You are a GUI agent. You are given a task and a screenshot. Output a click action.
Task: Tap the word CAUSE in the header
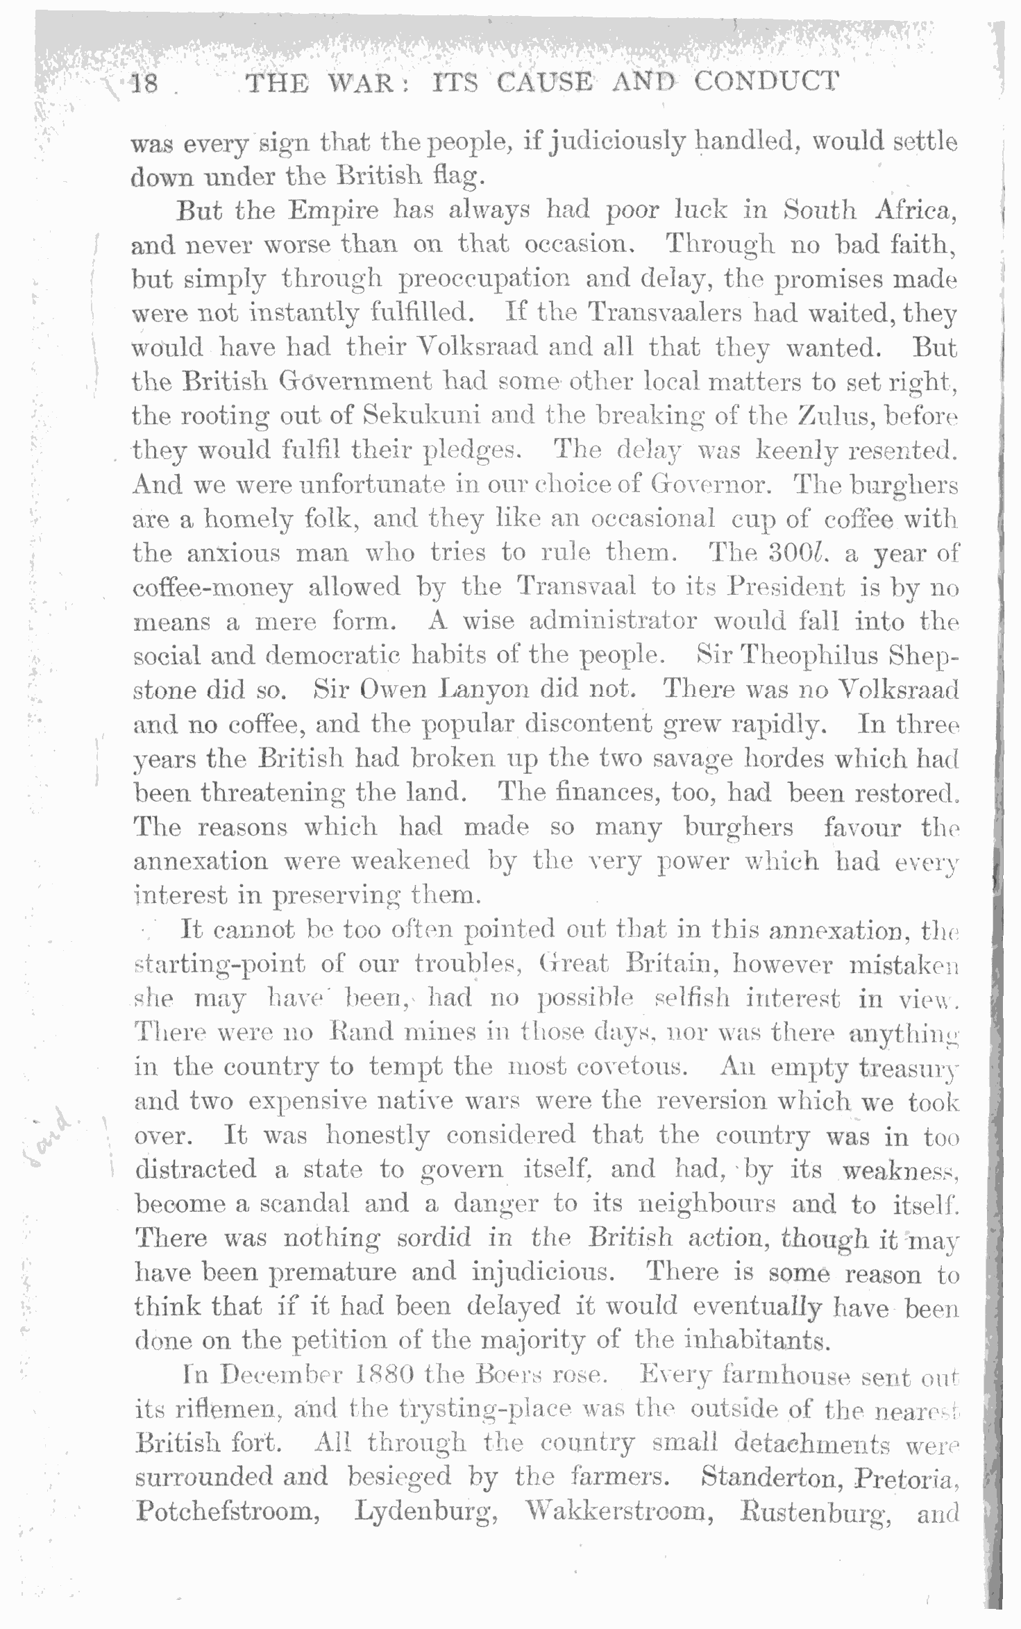[544, 83]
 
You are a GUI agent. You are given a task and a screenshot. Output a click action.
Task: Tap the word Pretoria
[906, 1476]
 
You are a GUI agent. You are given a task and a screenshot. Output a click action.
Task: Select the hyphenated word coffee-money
[212, 588]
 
